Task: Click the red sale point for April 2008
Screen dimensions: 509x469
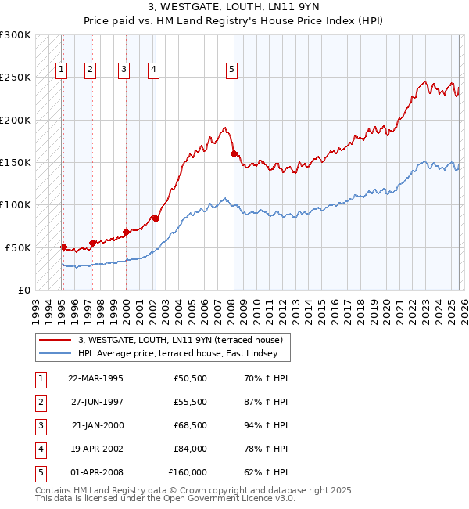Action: pyautogui.click(x=234, y=154)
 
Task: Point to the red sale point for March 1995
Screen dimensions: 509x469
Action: pyautogui.click(x=64, y=247)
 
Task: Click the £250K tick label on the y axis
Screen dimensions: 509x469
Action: pyautogui.click(x=16, y=78)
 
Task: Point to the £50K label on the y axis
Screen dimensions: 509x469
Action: pyautogui.click(x=19, y=247)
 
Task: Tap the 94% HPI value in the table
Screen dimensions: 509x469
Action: pyautogui.click(x=266, y=426)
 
